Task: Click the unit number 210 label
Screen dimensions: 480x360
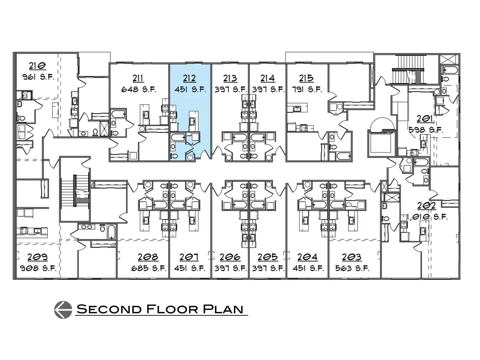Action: click(38, 66)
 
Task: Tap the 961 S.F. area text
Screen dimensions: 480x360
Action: click(38, 77)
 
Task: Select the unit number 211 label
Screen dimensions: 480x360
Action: click(138, 78)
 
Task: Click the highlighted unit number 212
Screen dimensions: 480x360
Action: click(189, 78)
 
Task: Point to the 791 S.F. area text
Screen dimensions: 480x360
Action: click(307, 89)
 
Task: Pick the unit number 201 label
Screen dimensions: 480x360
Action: click(425, 119)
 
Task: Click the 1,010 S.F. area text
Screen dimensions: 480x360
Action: click(427, 217)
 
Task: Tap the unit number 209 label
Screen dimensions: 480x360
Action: click(38, 257)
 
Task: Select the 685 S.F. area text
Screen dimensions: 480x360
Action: click(149, 268)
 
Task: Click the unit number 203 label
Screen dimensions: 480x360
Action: click(352, 257)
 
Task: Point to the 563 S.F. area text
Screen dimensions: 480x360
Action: click(352, 268)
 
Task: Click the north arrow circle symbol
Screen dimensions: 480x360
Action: click(63, 310)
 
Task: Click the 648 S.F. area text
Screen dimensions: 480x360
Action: click(139, 89)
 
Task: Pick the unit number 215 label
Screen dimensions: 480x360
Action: click(306, 78)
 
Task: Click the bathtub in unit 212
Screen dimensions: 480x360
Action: click(178, 137)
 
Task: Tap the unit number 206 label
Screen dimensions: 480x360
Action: click(230, 257)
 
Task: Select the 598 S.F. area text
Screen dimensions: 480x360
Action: click(426, 130)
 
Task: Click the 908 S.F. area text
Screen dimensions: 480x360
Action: click(38, 268)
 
